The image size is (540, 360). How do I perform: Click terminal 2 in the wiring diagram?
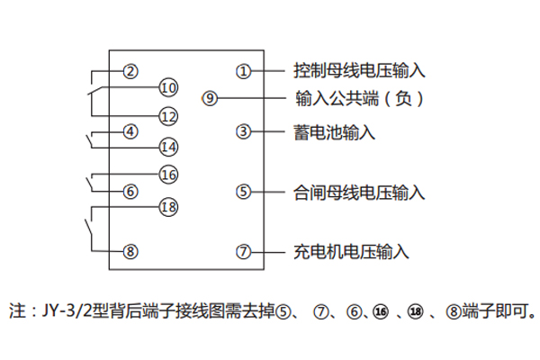[x=131, y=71]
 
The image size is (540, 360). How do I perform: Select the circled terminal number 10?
[x=168, y=87]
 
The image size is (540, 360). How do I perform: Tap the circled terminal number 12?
[x=168, y=115]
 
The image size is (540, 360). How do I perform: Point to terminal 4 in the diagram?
[x=131, y=131]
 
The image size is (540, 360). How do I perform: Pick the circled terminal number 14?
[x=168, y=147]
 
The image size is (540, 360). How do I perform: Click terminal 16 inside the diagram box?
[x=168, y=175]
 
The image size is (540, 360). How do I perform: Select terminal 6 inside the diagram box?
[x=131, y=191]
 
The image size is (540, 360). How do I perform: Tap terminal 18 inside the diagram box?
[x=168, y=207]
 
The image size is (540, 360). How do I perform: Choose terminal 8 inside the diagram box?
[x=131, y=252]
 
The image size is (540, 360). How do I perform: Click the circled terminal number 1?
[x=243, y=71]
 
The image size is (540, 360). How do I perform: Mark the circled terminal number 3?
[x=243, y=131]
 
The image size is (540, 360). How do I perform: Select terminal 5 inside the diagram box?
[x=243, y=191]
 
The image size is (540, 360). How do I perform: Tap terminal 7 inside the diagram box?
[x=243, y=252]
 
